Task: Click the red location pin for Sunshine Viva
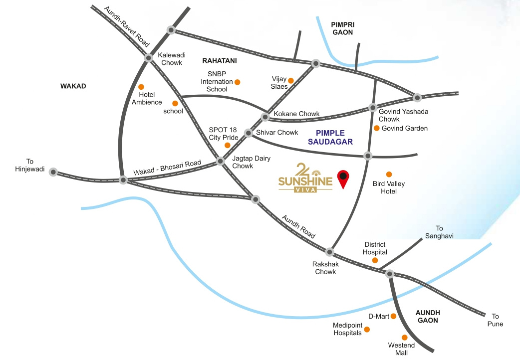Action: (x=343, y=178)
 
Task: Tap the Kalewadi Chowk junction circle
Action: (x=148, y=58)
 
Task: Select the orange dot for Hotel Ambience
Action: (x=141, y=87)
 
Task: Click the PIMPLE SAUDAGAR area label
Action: (x=334, y=137)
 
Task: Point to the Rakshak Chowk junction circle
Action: (x=329, y=251)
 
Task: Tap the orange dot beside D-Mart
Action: (x=393, y=316)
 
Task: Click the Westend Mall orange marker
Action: (x=404, y=338)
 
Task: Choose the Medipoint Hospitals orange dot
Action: (x=367, y=330)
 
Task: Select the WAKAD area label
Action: (x=73, y=86)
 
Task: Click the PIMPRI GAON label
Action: (x=342, y=28)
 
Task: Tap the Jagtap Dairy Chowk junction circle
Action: (x=220, y=162)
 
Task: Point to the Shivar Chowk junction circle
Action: (x=248, y=133)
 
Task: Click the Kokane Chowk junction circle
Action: (x=265, y=117)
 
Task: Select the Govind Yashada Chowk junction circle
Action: (x=372, y=108)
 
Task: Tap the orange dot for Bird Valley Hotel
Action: (x=389, y=174)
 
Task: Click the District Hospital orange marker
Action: (x=375, y=260)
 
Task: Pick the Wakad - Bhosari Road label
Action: (x=167, y=168)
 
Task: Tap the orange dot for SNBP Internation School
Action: (x=238, y=82)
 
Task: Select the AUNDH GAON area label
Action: (x=427, y=317)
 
